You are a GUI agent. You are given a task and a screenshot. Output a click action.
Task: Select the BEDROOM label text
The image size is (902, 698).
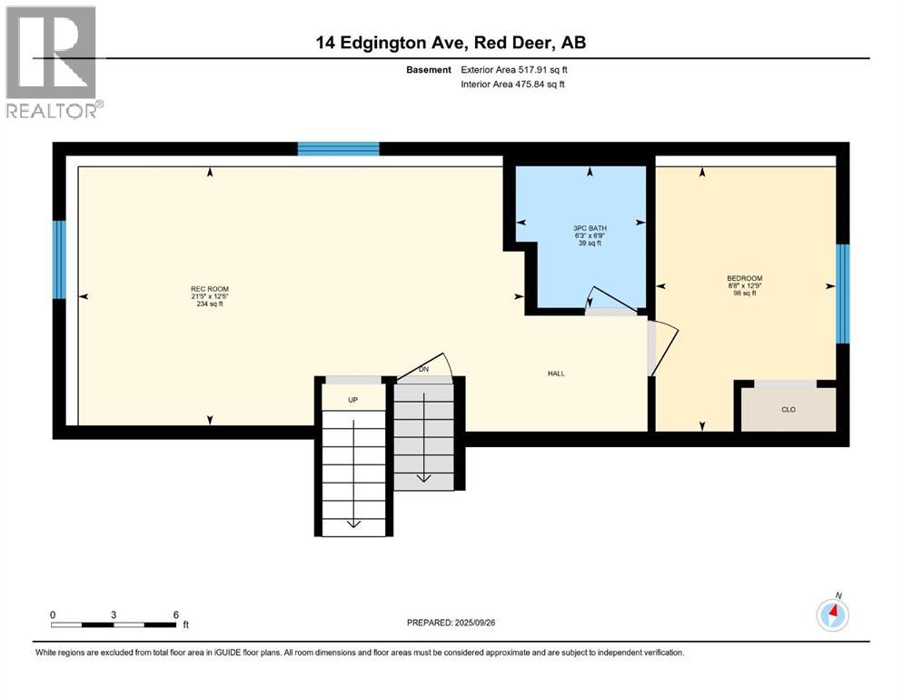pyautogui.click(x=744, y=278)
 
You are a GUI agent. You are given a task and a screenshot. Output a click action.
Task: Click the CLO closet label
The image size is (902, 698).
pyautogui.click(x=788, y=410)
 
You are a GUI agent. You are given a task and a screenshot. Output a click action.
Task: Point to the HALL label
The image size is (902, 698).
pyautogui.click(x=558, y=373)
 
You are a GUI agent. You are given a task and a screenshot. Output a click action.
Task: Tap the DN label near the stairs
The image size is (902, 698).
pyautogui.click(x=423, y=370)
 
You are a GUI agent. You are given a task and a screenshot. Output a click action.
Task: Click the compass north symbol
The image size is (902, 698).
pyautogui.click(x=832, y=614)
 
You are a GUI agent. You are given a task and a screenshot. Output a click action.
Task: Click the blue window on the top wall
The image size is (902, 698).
pyautogui.click(x=339, y=149)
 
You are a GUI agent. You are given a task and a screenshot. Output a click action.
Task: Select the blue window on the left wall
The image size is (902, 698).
pyautogui.click(x=59, y=260)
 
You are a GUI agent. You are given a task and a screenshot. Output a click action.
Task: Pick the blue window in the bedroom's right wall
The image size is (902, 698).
pyautogui.click(x=842, y=294)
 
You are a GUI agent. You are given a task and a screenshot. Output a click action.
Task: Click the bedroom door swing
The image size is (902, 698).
pyautogui.click(x=663, y=345)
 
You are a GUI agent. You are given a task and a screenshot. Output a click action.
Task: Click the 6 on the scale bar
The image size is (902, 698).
pyautogui.click(x=174, y=614)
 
